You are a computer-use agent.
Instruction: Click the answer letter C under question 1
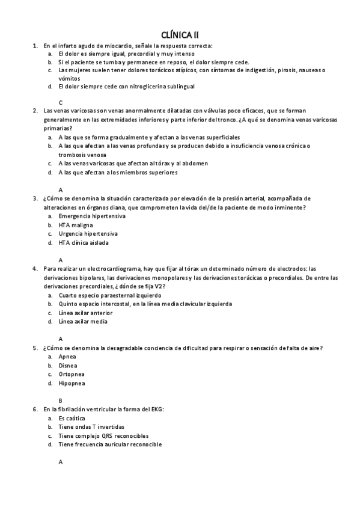point(61,102)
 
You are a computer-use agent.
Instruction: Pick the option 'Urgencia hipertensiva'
point(88,233)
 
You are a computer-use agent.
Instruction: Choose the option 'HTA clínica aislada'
point(84,242)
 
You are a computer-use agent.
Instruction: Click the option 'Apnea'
point(68,356)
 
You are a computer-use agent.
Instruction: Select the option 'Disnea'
point(68,365)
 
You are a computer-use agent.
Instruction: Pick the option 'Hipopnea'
point(72,382)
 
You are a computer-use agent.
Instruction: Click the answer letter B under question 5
point(61,400)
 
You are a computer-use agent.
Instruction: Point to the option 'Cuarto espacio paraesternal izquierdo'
point(110,295)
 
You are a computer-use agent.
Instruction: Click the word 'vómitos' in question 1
point(69,78)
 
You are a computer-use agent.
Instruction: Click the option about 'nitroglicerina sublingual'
point(126,87)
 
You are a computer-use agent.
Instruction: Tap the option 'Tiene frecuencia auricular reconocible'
point(110,444)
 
